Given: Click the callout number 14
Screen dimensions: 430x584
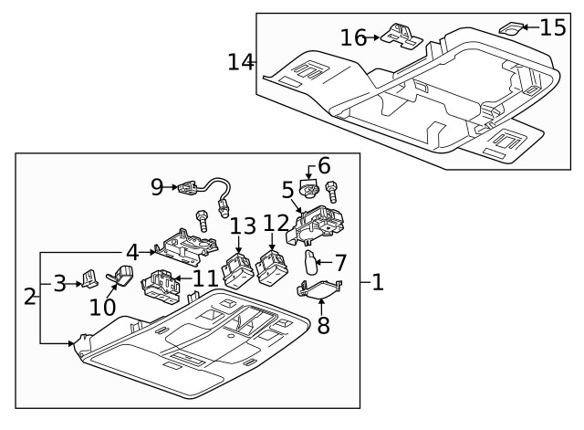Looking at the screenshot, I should [240, 62].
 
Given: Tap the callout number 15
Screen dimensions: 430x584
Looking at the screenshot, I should [552, 26].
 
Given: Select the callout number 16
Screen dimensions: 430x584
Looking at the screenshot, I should [353, 37].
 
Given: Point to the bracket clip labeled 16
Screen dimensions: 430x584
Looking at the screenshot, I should [399, 34].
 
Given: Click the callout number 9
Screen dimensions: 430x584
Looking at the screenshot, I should [159, 187].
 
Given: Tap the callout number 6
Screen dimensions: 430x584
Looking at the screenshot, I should [324, 166].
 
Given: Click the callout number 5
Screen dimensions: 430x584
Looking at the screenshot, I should [287, 190].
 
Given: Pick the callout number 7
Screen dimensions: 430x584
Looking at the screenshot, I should [340, 263].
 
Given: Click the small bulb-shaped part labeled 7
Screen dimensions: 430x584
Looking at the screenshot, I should [310, 263].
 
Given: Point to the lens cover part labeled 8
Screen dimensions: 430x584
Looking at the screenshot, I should [320, 290].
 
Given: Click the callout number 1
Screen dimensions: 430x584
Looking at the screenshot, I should [377, 283].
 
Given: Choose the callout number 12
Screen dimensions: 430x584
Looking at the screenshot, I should [276, 222].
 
